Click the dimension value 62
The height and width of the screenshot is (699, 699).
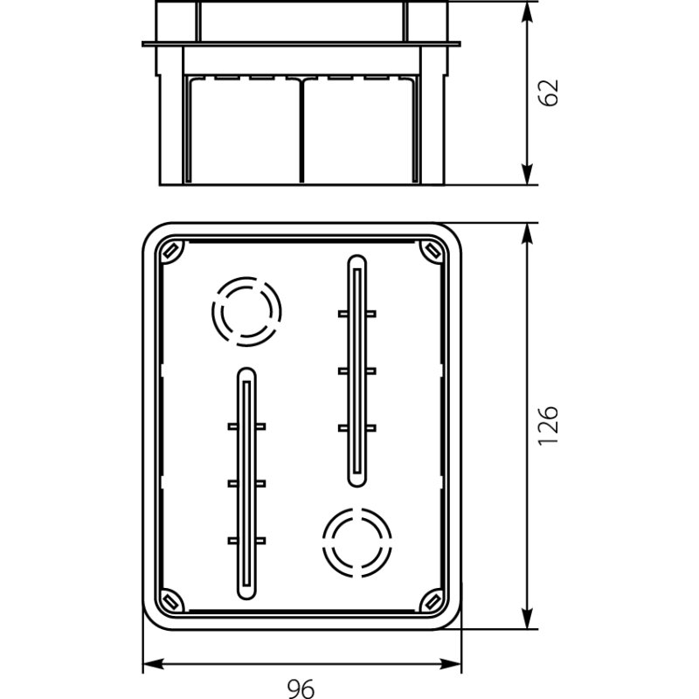click(x=548, y=93)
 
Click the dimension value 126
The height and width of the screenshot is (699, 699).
click(x=548, y=426)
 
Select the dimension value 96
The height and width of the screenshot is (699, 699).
click(x=301, y=688)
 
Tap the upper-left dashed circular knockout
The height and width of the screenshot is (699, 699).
click(x=246, y=311)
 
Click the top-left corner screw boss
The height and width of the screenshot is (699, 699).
click(x=170, y=252)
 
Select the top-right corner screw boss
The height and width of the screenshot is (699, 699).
click(x=432, y=252)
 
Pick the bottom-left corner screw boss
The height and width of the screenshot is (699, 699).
click(x=170, y=601)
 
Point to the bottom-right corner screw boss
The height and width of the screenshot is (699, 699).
click(x=432, y=601)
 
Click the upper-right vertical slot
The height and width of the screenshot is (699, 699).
click(x=356, y=370)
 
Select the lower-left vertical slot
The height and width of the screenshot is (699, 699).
click(x=246, y=483)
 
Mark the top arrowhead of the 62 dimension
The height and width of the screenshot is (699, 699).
click(x=529, y=10)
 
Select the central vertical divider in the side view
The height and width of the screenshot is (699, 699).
click(x=301, y=131)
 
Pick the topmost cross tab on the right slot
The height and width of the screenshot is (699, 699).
click(x=356, y=312)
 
